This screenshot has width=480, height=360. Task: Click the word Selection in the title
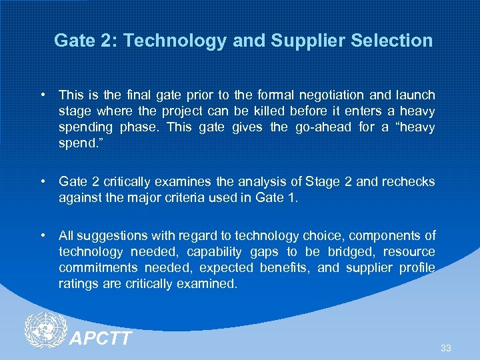point(397,41)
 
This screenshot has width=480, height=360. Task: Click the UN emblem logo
point(45,329)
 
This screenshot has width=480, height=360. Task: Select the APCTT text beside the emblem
point(101,339)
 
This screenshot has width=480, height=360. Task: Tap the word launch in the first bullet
point(416,95)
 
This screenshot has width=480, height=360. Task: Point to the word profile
point(417,267)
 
